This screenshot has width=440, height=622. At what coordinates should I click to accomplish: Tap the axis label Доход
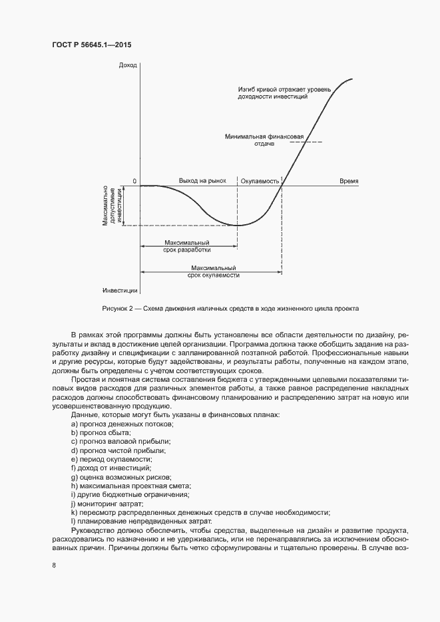coord(128,65)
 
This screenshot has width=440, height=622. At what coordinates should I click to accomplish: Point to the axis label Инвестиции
coord(120,291)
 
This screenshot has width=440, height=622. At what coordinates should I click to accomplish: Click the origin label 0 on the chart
coord(134,181)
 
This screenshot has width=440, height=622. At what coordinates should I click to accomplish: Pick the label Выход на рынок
coord(202,181)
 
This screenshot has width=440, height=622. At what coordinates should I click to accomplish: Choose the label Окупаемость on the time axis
coord(260,181)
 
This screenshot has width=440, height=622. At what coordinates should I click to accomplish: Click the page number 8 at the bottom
coord(54,565)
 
